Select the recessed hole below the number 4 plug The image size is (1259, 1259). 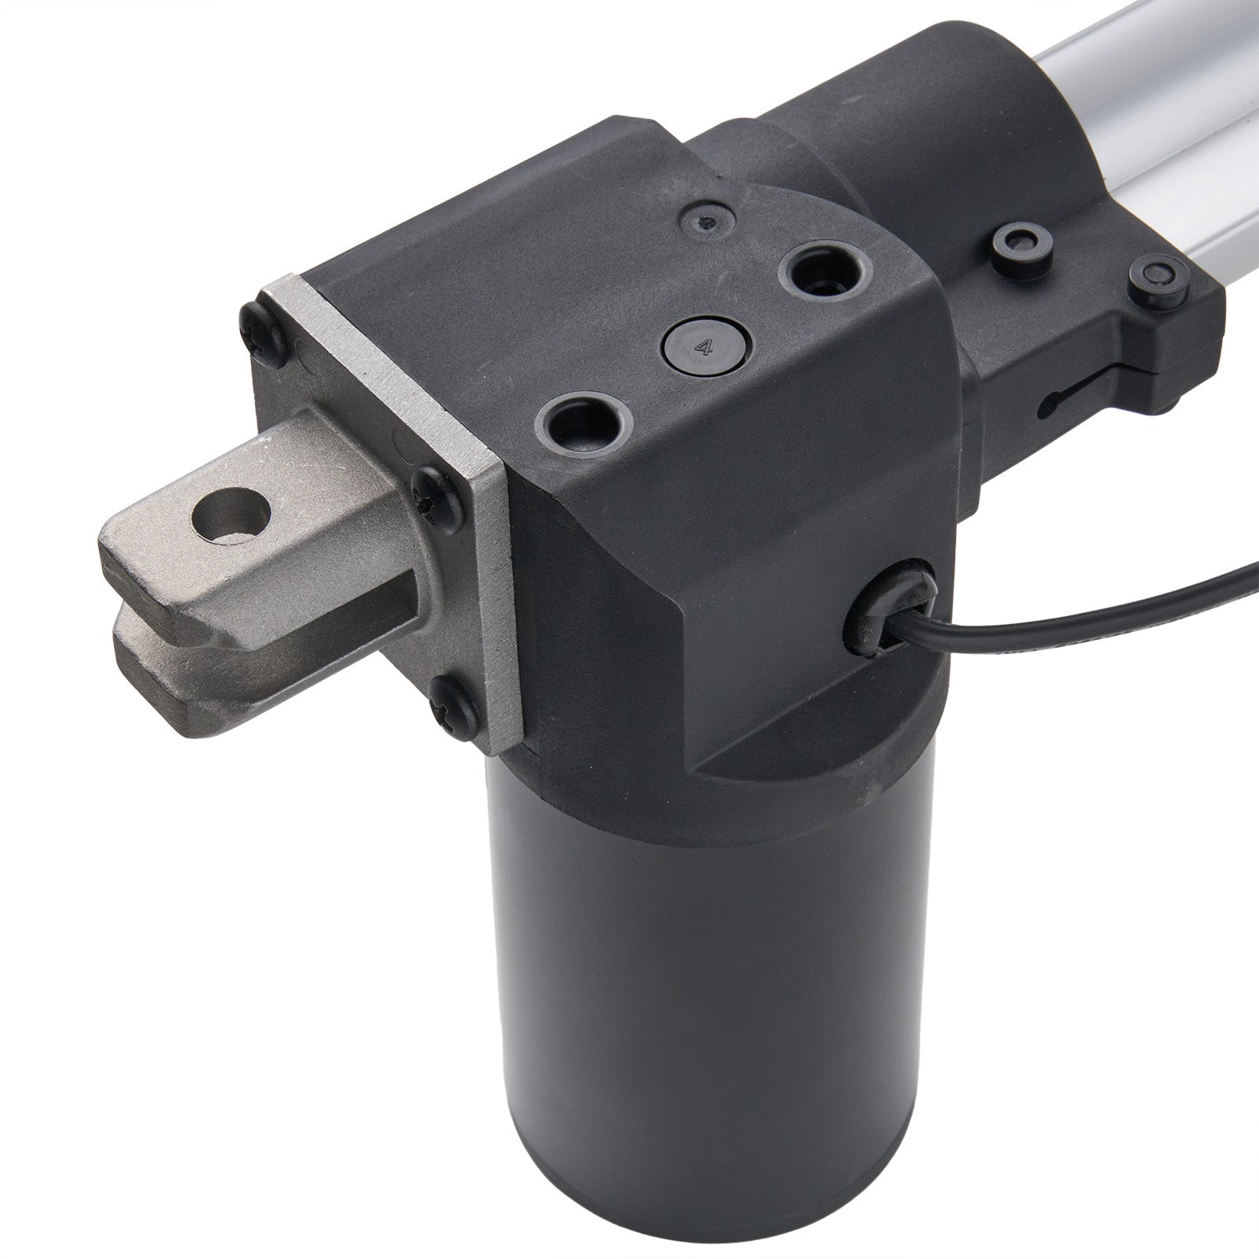click(x=582, y=425)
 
